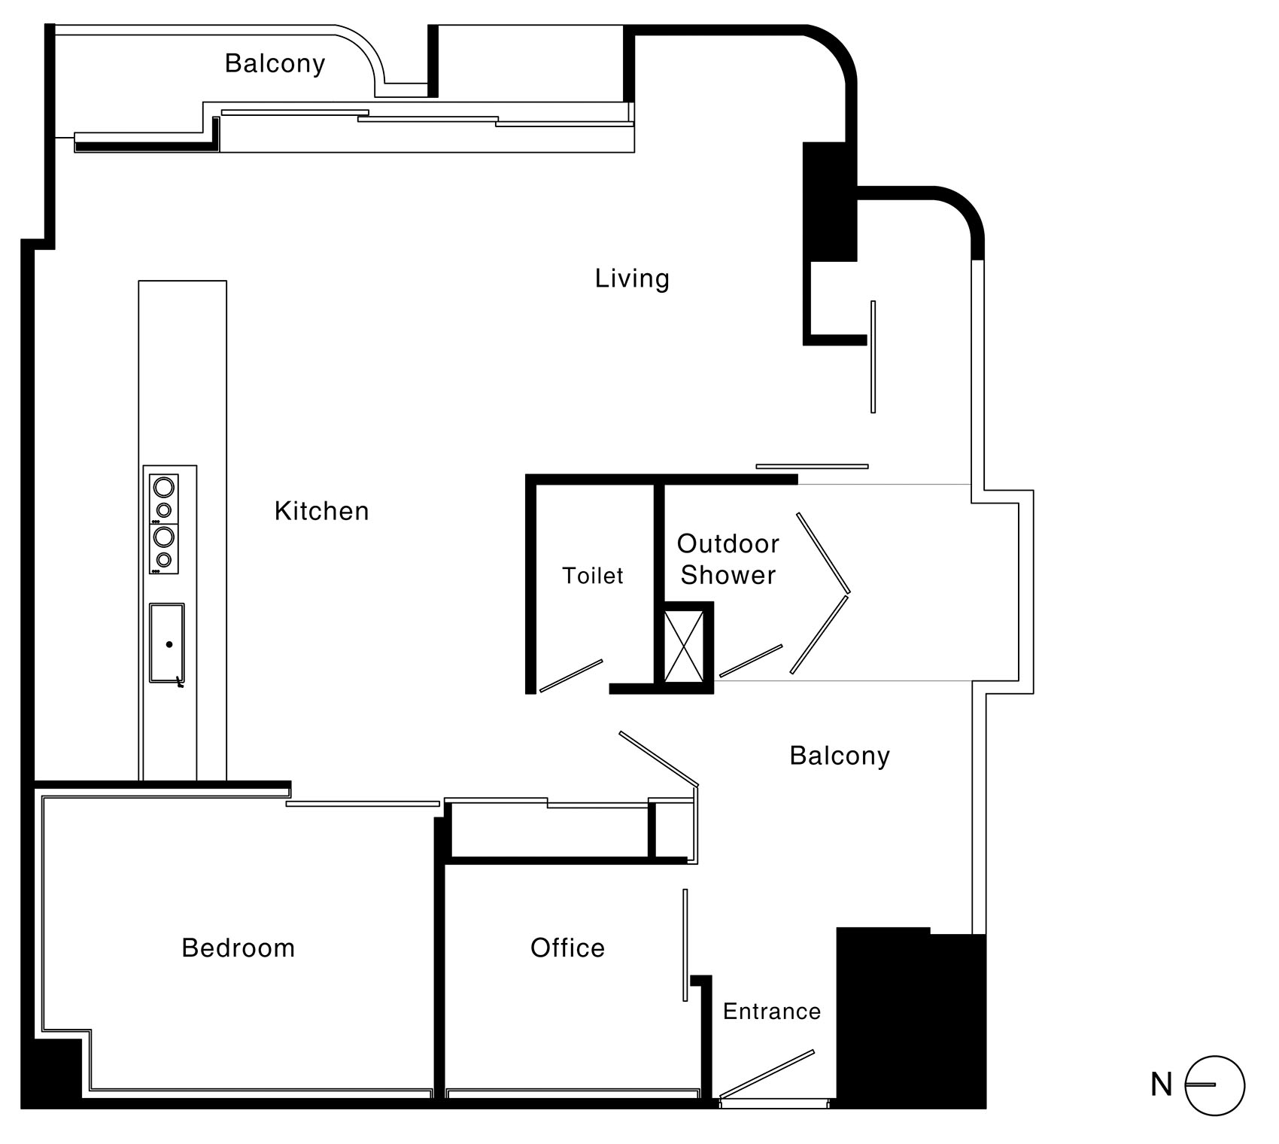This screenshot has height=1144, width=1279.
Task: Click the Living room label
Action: pos(632,279)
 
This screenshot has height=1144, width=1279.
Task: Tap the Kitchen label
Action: pos(322,512)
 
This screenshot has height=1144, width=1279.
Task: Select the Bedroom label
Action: pos(238,948)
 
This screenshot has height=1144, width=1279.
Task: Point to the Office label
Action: pos(568,948)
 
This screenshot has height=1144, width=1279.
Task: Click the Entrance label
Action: pos(772,1012)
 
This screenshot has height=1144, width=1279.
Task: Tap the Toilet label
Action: pos(594,577)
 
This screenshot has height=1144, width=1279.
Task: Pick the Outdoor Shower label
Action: pos(728,559)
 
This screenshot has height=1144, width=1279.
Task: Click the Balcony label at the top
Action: pos(275,64)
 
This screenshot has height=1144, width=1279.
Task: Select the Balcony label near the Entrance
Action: pos(840,756)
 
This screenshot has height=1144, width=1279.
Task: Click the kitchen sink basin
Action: pos(167,643)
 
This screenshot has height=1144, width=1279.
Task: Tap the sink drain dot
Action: pos(169,645)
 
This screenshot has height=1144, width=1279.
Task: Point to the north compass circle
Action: pos(1215,1085)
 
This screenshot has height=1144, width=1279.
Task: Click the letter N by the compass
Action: pos(1162,1085)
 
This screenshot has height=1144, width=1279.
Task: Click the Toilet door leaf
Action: pos(571,676)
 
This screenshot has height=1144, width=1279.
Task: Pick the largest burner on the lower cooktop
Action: pos(163,537)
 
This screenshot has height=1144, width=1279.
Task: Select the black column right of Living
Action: pos(830,202)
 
